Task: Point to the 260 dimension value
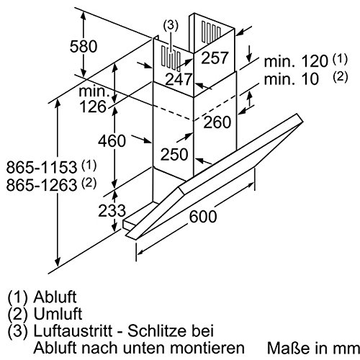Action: (218, 123)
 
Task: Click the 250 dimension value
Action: (174, 153)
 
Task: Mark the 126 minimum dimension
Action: (98, 107)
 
